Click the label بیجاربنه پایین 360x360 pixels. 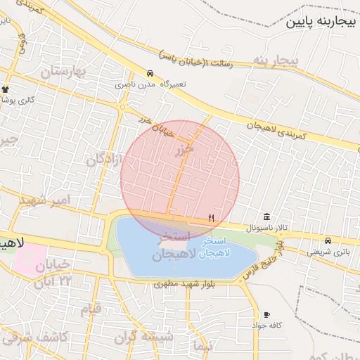pyautogui.click(x=321, y=22)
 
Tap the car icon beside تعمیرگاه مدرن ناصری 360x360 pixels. pyautogui.click(x=150, y=73)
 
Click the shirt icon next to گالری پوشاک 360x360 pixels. pyautogui.click(x=6, y=89)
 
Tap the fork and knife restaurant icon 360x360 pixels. pyautogui.click(x=211, y=218)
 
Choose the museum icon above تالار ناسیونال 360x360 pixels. pyautogui.click(x=266, y=217)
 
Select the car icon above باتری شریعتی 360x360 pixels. pyautogui.click(x=328, y=240)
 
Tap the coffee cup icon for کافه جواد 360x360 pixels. pyautogui.click(x=266, y=314)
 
